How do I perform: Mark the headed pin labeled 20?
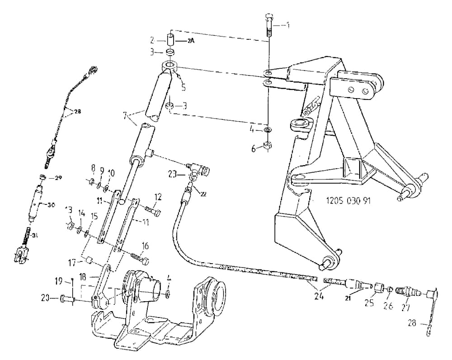tap(66, 298)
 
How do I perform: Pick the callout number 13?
tap(68, 209)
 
